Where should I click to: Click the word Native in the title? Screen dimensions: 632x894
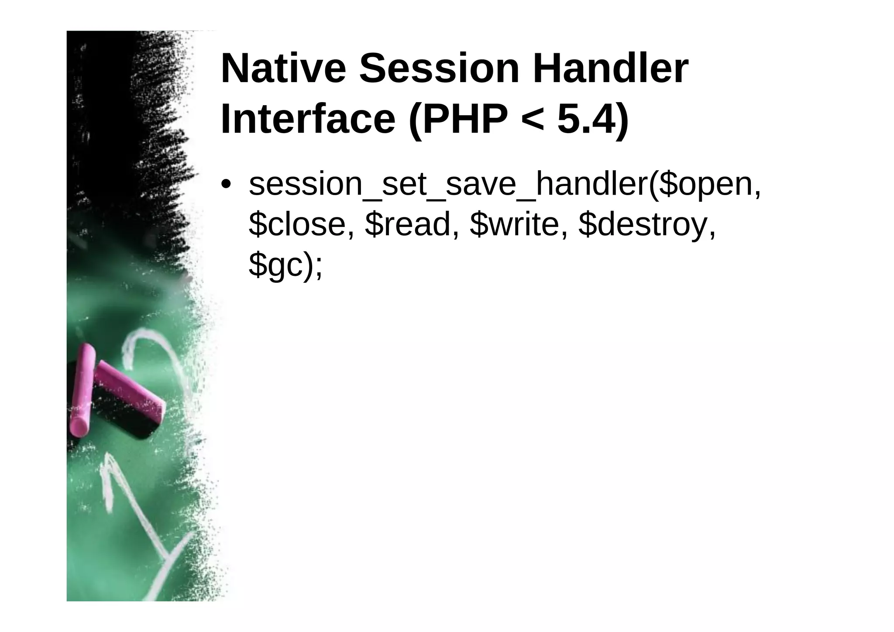click(x=283, y=69)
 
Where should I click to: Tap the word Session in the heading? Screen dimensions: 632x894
click(x=439, y=69)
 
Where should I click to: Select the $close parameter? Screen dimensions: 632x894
click(x=301, y=225)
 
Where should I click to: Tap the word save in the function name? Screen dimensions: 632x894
click(x=481, y=184)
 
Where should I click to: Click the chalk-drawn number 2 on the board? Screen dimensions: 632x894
click(x=153, y=362)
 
